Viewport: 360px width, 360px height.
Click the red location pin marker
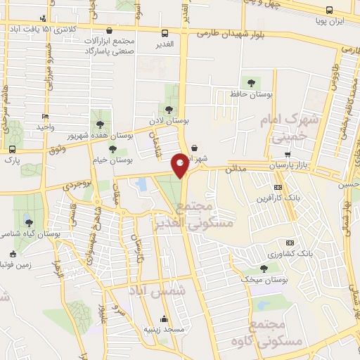[180, 165]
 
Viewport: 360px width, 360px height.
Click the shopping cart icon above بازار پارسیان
[287, 154]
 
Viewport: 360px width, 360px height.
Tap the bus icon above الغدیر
[165, 33]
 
